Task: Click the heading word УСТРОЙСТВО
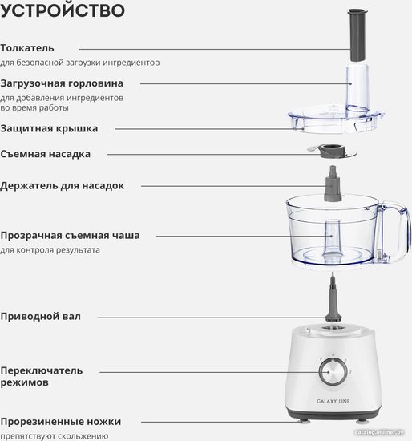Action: point(63,10)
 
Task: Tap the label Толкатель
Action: point(27,48)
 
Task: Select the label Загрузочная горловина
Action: point(62,83)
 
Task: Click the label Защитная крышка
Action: point(49,128)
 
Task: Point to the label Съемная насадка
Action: point(45,154)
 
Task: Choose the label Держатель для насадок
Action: point(62,186)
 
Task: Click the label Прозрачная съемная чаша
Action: point(70,236)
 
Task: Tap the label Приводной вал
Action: point(40,317)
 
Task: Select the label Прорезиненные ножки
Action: point(61,422)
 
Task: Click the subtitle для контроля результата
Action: point(50,250)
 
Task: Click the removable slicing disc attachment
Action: point(333,152)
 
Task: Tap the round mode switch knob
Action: point(333,372)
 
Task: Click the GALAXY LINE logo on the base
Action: point(333,402)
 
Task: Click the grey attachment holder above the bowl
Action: point(333,184)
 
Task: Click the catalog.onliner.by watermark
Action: point(379,432)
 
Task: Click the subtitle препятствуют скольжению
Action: point(54,436)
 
